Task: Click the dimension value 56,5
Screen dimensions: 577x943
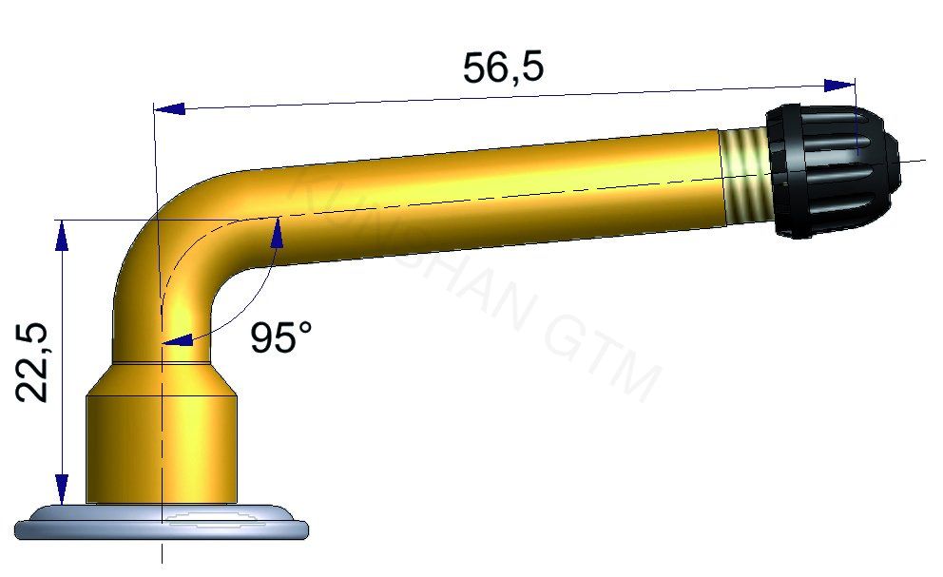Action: click(503, 67)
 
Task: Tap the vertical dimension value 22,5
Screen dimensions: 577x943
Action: click(33, 361)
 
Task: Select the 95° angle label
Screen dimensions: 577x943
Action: click(281, 337)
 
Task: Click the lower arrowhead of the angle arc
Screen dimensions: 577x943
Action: click(176, 338)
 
